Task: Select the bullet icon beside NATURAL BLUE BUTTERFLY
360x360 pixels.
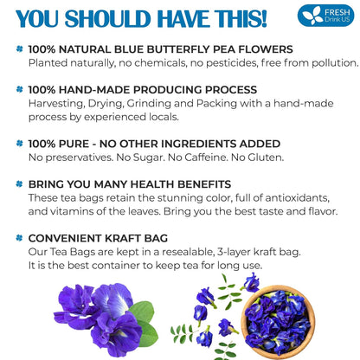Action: (19, 48)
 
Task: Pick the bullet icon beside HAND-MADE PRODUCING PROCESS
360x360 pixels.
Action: (19, 89)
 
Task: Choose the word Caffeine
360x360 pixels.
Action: (203, 157)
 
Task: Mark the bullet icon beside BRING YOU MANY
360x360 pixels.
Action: (19, 183)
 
